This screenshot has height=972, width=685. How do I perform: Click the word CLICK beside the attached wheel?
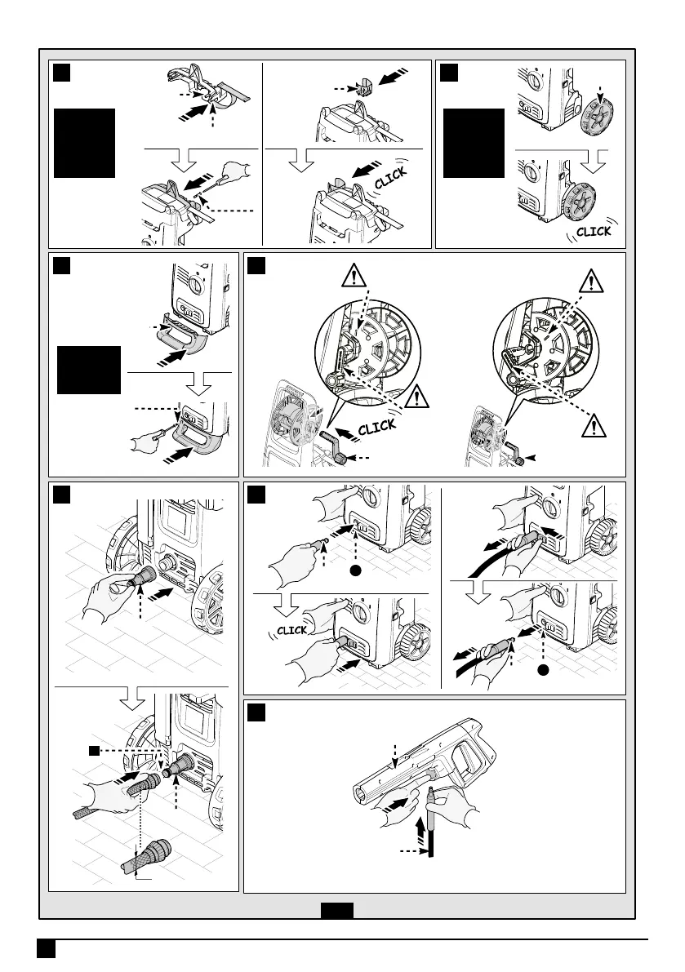point(594,231)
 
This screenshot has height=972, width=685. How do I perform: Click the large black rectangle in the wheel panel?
point(473,142)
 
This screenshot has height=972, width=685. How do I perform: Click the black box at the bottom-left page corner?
point(45,948)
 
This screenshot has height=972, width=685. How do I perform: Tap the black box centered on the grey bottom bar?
point(337,910)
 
